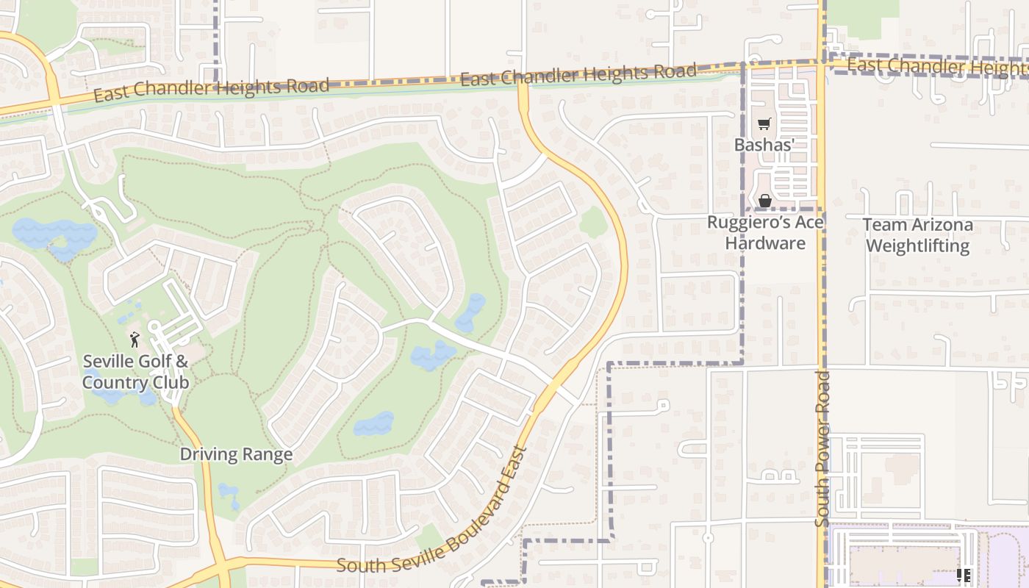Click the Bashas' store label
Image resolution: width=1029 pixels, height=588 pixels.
(x=764, y=145)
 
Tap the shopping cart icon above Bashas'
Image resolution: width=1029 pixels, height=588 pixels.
(x=764, y=124)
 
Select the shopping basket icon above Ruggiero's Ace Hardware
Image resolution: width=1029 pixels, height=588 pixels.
(x=764, y=200)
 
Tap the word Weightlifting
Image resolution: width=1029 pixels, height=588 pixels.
(x=917, y=245)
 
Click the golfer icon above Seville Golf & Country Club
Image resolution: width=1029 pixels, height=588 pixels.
(x=135, y=340)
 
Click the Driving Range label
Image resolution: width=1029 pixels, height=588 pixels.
(x=236, y=454)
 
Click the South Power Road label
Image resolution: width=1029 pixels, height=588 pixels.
(x=822, y=448)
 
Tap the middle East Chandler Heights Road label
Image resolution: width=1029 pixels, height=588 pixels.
(x=578, y=74)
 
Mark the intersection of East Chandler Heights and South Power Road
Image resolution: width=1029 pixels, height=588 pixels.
(x=822, y=64)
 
